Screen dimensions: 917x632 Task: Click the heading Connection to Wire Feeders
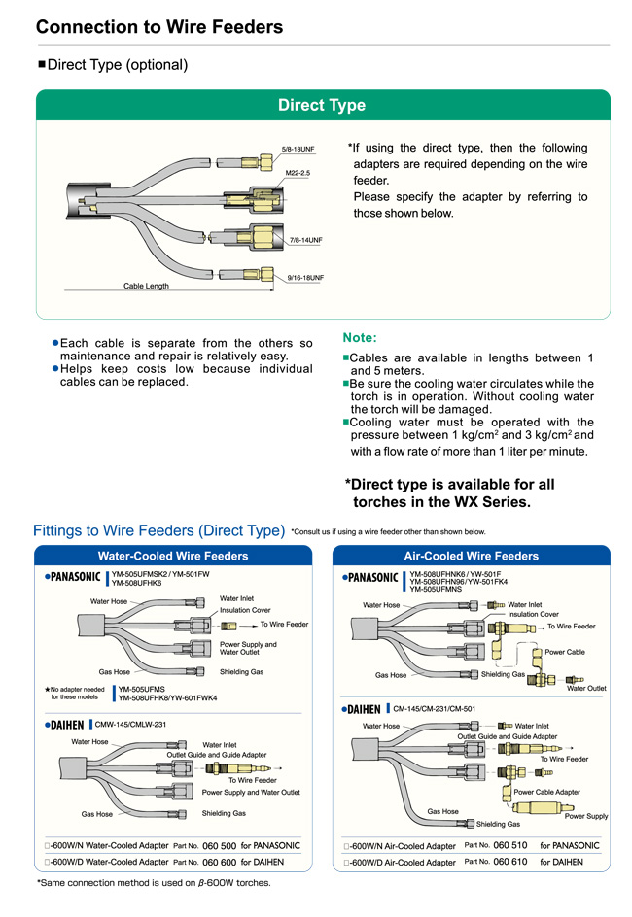tap(159, 27)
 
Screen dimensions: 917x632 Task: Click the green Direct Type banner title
tap(322, 105)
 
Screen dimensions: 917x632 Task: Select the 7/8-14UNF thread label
tap(304, 239)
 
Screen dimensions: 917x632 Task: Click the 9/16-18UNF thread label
tap(305, 278)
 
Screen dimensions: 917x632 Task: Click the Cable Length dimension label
tap(146, 286)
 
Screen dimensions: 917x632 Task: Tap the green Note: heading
tap(360, 338)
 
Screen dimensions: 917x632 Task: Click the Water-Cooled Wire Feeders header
tap(173, 556)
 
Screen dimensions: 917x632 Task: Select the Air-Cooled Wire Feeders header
tap(471, 556)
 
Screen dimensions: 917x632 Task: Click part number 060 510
tap(509, 846)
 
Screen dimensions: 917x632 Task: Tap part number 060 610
tap(509, 862)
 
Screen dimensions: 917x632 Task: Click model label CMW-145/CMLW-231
tap(131, 724)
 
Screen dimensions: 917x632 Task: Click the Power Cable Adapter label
tap(546, 792)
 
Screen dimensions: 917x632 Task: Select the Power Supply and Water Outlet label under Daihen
tap(251, 792)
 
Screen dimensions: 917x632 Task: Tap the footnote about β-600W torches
tap(154, 883)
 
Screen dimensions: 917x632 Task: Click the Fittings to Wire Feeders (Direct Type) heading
tap(158, 530)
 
